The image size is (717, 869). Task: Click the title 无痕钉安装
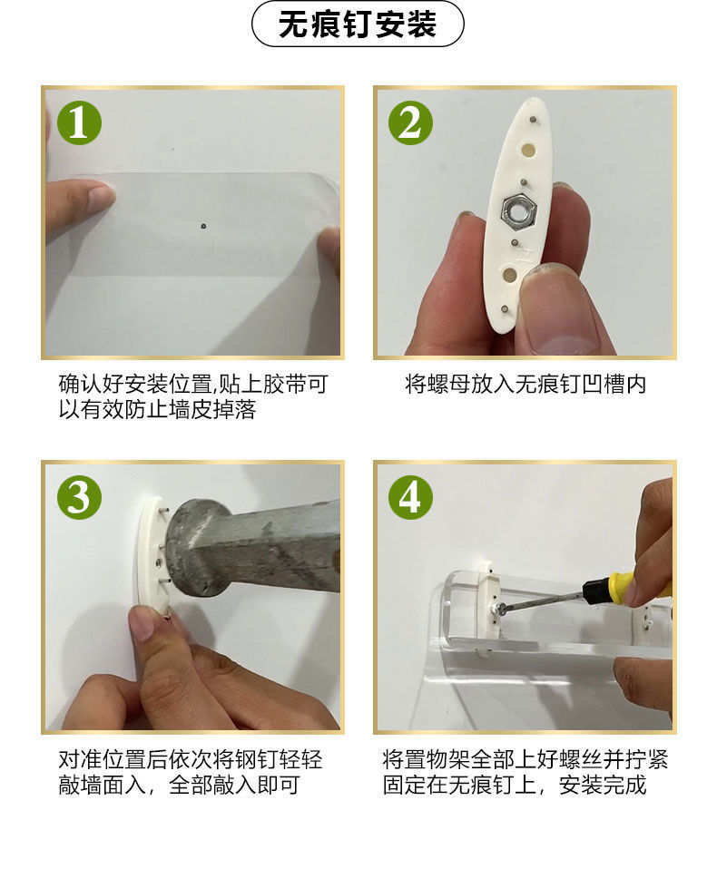click(358, 24)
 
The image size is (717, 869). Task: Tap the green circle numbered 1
click(79, 123)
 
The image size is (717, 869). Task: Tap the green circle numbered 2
click(410, 123)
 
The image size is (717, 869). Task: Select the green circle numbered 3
click(79, 496)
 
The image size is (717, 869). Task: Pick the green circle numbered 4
click(410, 496)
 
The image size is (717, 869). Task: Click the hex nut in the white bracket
click(518, 210)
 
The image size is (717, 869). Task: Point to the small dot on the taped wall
click(203, 226)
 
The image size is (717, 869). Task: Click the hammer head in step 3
click(197, 549)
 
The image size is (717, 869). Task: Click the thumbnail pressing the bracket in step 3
click(141, 622)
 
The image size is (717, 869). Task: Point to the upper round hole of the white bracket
click(528, 151)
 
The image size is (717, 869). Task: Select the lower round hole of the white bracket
click(508, 274)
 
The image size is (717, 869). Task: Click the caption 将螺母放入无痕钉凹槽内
click(525, 384)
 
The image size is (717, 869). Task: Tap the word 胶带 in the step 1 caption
click(284, 384)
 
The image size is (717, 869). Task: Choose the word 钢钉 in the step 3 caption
click(256, 759)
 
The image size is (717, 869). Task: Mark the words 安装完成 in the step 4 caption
click(603, 785)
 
